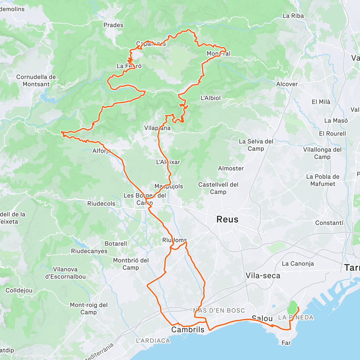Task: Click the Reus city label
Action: pos(227,220)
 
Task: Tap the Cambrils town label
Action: pos(188,330)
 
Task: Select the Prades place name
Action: pos(113,25)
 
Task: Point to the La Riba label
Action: pos(293,16)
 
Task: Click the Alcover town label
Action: pos(287,84)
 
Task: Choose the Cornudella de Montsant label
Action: pos(36,81)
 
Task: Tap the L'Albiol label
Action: pos(210,98)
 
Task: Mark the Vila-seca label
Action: pos(263,276)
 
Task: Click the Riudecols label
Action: pos(101,204)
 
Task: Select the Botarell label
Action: pos(116,244)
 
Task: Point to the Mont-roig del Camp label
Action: pos(88,308)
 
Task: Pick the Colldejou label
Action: pos(19,290)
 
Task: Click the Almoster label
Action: pos(231,169)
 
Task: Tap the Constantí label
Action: pos(329,223)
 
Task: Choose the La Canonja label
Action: pos(298,264)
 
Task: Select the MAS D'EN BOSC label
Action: pos(219,310)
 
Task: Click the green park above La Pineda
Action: pos(292,307)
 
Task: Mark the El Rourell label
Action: pos(332,134)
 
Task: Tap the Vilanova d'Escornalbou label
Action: pos(65,273)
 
